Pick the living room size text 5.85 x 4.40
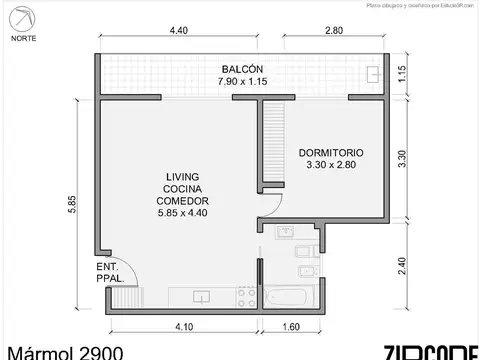point(180,212)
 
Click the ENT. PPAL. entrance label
point(108,273)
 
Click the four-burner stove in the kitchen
point(243,296)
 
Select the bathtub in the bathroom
point(291,297)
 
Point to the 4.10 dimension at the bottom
point(184,326)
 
